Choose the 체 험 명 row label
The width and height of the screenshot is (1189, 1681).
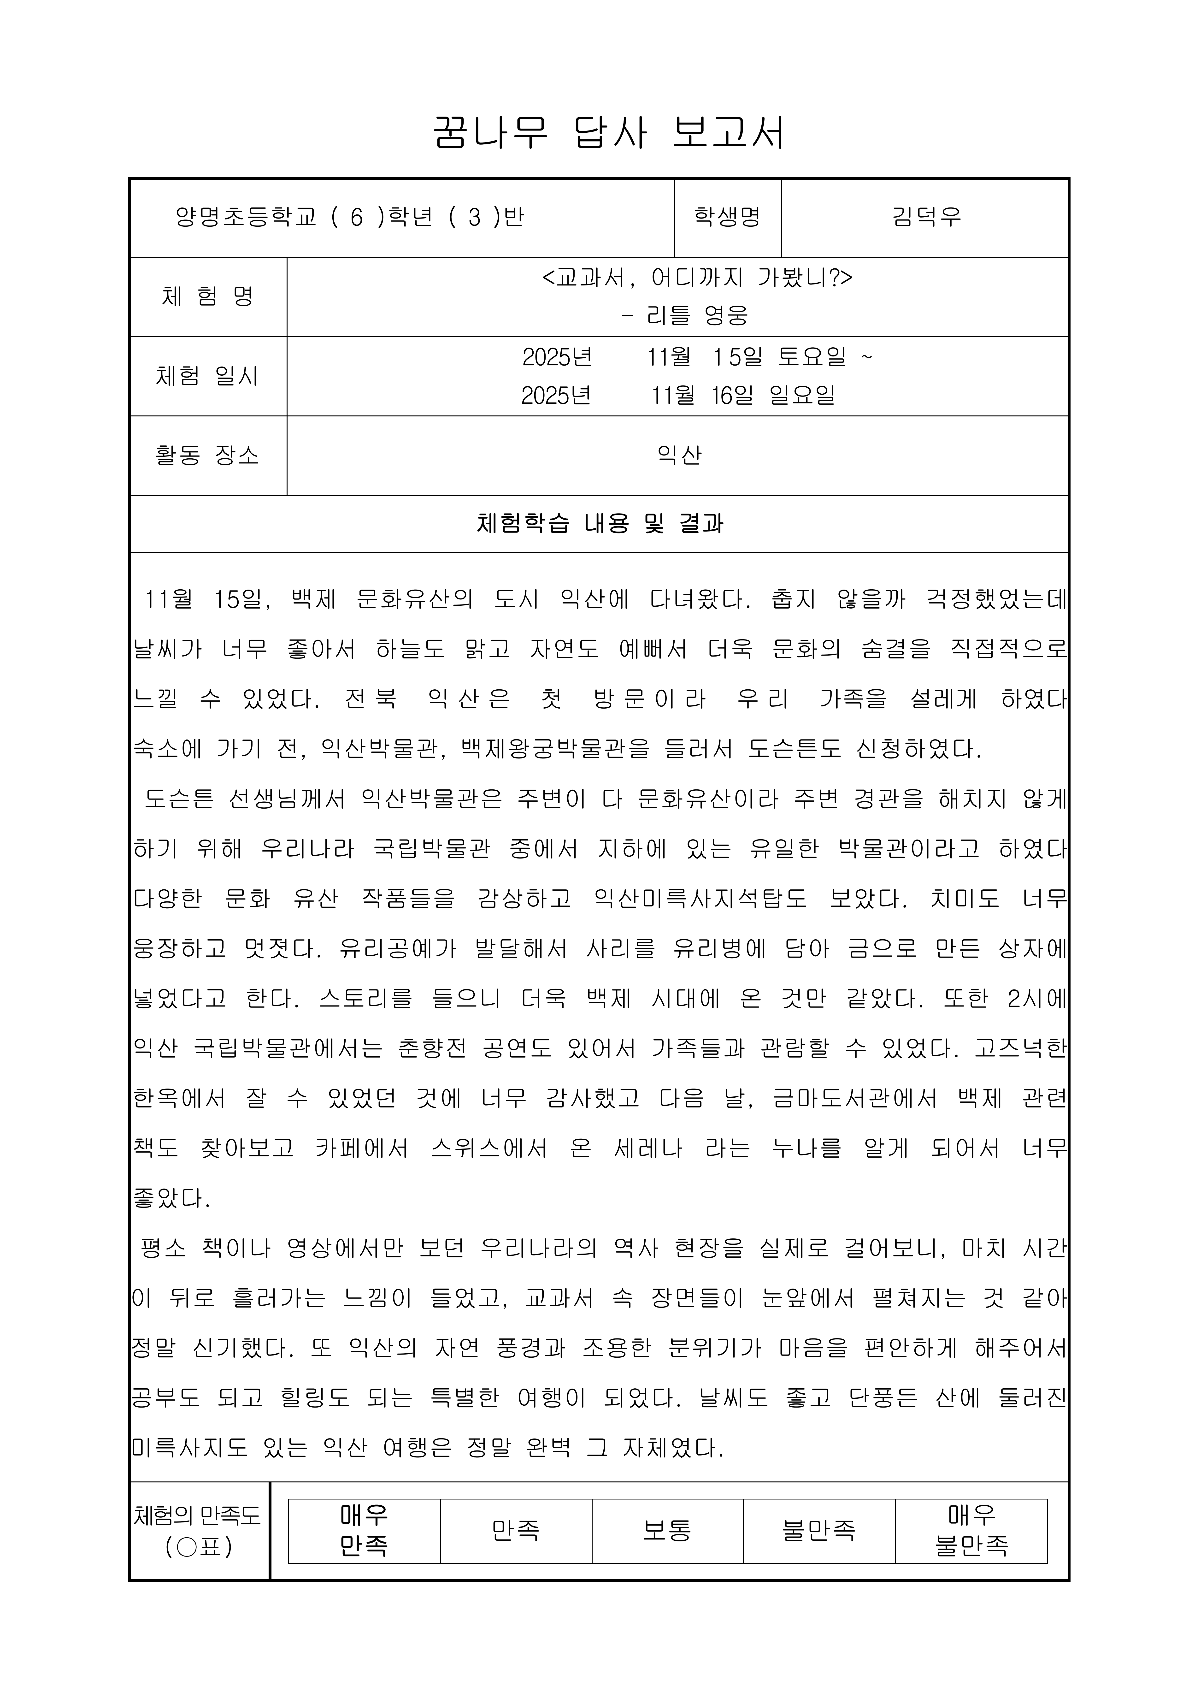tap(208, 296)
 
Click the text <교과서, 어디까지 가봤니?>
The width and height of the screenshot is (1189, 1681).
tap(697, 278)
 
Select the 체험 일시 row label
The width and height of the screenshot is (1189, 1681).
tap(208, 376)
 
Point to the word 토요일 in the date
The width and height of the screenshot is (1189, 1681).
tap(812, 357)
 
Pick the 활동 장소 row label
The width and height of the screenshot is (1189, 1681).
tap(208, 456)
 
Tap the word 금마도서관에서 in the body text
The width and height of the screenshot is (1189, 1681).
tap(854, 1098)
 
